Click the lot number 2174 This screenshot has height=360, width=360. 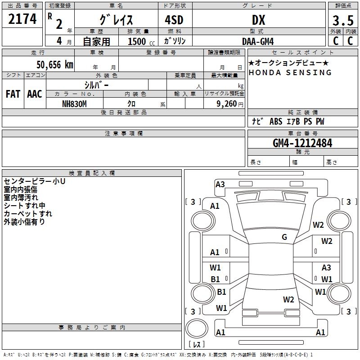tap(22, 19)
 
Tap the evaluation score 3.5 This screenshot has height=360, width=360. tap(342, 21)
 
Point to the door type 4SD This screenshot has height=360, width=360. tap(175, 20)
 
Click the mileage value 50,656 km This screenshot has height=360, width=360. tap(52, 64)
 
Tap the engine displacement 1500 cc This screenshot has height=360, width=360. tap(140, 41)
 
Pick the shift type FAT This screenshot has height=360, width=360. tap(13, 94)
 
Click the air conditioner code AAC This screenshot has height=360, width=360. tap(35, 94)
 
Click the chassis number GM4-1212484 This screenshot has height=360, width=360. tap(302, 143)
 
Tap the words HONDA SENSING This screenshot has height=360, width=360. tap(290, 72)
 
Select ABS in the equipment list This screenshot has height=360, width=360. tap(276, 121)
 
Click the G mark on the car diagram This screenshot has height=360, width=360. tap(284, 237)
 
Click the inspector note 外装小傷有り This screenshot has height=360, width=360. tap(24, 222)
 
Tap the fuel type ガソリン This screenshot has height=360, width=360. tap(175, 41)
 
